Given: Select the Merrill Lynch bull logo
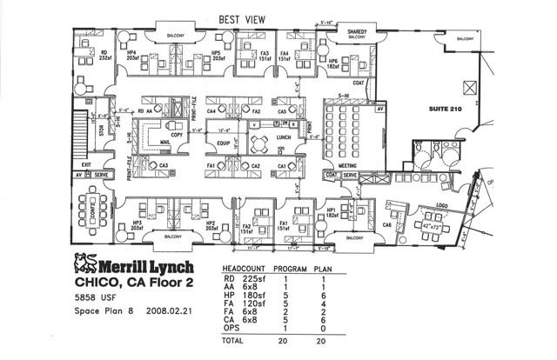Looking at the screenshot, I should pos(84,264).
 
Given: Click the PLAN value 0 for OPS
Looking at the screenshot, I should pos(323,329).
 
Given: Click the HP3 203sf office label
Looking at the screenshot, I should pos(136,224).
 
